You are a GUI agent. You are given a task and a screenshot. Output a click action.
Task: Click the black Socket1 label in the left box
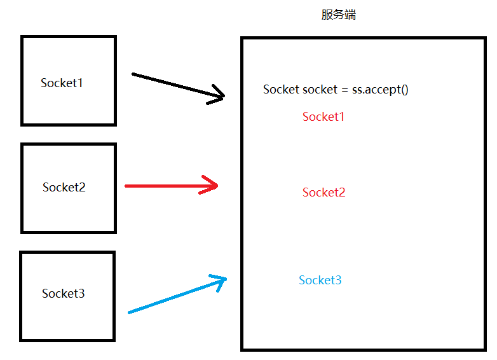pos(62,83)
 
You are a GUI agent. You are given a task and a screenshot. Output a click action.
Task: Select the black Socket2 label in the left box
pos(64,187)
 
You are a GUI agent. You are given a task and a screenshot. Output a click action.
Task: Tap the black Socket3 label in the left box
pos(64,293)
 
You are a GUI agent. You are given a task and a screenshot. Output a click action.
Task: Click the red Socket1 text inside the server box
pos(323,116)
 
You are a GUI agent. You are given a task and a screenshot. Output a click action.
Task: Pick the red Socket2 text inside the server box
pos(324,192)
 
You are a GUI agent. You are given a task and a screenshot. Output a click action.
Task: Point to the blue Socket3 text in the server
pos(320,280)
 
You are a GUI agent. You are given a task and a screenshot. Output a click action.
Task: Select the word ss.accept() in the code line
pos(380,89)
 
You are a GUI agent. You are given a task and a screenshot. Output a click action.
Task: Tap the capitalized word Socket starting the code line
pos(281,89)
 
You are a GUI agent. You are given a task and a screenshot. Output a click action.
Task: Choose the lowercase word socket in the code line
pos(320,90)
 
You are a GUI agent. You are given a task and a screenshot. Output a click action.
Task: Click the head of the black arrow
pos(222,97)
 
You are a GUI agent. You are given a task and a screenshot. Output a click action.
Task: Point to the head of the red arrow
pos(216,186)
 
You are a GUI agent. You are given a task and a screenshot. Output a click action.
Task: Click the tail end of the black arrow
pos(133,74)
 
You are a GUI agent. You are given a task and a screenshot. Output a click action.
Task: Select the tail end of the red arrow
pos(126,186)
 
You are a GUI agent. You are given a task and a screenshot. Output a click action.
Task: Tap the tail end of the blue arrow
pos(130,312)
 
